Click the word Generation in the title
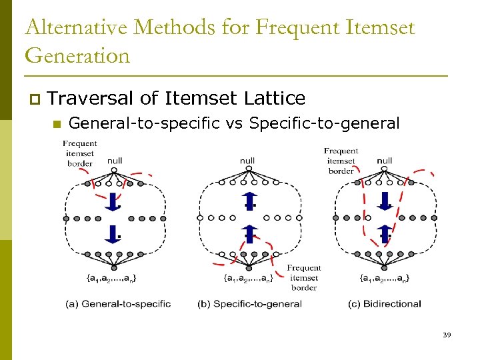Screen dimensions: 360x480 pyautogui.click(x=77, y=55)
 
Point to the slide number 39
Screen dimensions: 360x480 pyautogui.click(x=447, y=334)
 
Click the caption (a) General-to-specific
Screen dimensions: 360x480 pyautogui.click(x=118, y=304)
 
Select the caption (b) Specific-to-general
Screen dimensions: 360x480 pyautogui.click(x=250, y=304)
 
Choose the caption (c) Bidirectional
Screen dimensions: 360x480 pyautogui.click(x=385, y=304)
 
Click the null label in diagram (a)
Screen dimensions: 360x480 pyautogui.click(x=114, y=161)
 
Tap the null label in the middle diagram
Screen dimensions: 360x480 pyautogui.click(x=247, y=161)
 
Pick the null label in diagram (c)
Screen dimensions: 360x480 pyautogui.click(x=385, y=161)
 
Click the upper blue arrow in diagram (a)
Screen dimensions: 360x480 pyautogui.click(x=113, y=200)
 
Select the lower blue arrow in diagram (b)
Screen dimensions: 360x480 pyautogui.click(x=249, y=234)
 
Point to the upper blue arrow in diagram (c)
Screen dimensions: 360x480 pyautogui.click(x=385, y=200)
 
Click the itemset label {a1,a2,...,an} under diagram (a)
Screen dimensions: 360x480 pyautogui.click(x=113, y=277)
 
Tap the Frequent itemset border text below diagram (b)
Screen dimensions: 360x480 pyautogui.click(x=304, y=277)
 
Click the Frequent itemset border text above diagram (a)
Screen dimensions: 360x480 pyautogui.click(x=80, y=153)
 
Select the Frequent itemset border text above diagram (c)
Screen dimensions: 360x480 pyautogui.click(x=341, y=161)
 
